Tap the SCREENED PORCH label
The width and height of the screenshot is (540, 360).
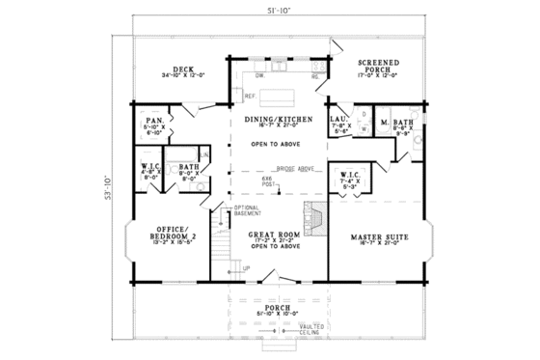377,65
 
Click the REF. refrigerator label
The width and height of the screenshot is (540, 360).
248,97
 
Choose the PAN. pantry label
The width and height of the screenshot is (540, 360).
153,121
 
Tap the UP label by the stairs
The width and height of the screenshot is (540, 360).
246,267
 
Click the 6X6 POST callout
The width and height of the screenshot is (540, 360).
269,182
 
